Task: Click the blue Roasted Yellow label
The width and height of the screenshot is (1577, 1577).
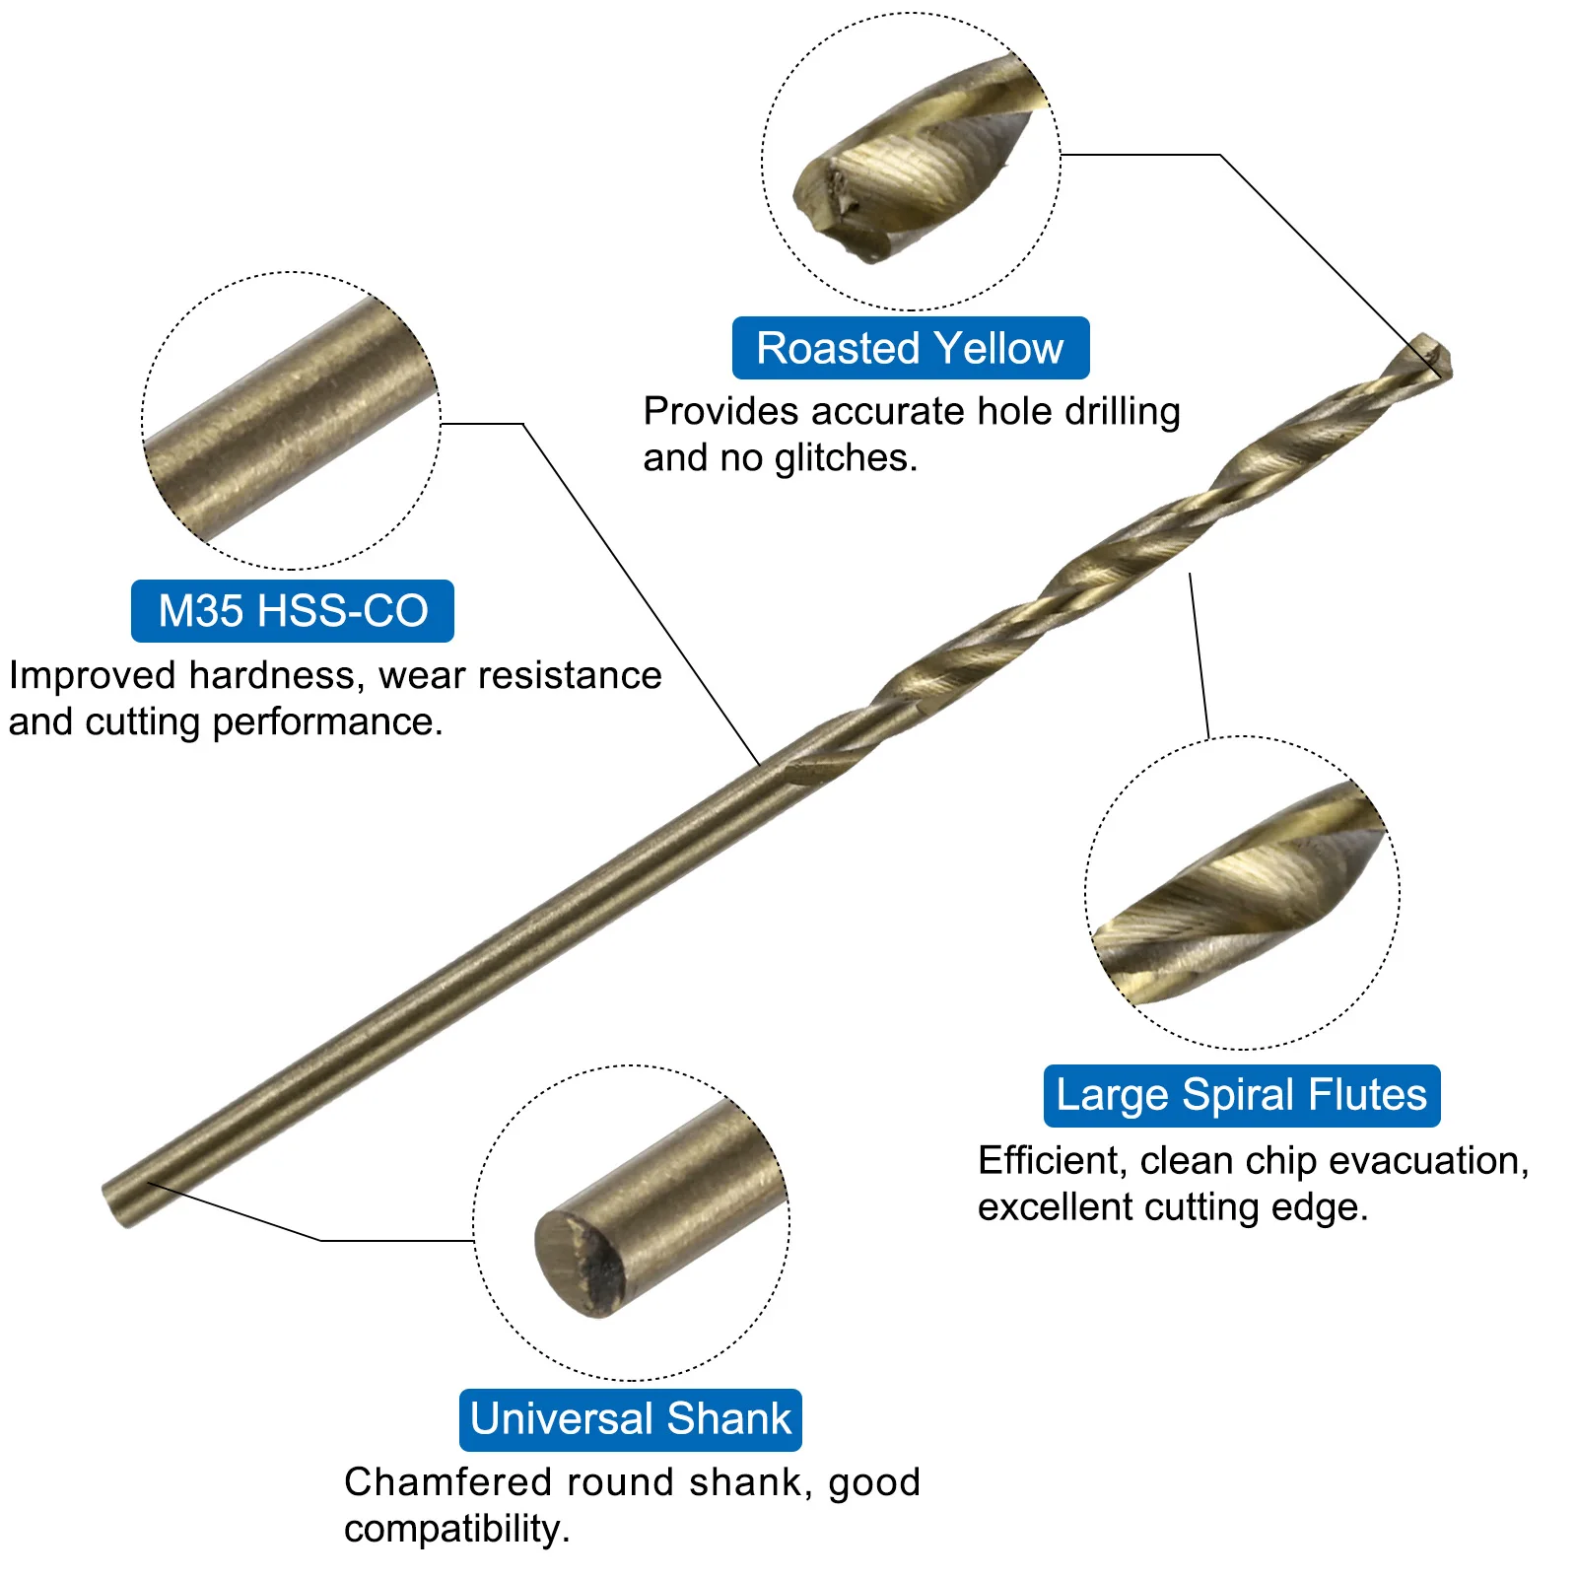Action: point(911,348)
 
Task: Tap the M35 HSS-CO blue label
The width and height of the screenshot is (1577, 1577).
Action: point(293,611)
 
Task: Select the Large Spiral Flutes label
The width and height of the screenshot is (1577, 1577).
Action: point(1242,1095)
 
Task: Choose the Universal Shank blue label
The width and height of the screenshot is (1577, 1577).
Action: point(631,1419)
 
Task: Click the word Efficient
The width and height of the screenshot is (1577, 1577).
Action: point(1051,1160)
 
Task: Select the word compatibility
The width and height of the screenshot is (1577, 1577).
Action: point(456,1530)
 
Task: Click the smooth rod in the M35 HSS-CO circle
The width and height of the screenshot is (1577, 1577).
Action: point(291,420)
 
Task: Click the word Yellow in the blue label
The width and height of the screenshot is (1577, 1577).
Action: point(998,348)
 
